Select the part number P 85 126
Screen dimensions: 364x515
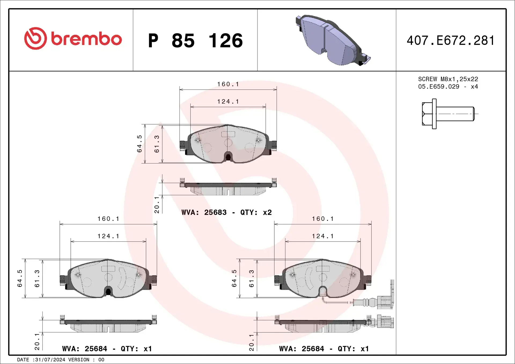[195, 40]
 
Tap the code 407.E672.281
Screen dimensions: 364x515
[451, 40]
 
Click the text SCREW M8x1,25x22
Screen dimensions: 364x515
[448, 79]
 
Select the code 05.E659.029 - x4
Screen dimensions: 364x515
[448, 87]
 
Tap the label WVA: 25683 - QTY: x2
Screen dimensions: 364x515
[227, 212]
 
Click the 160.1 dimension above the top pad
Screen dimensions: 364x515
[228, 84]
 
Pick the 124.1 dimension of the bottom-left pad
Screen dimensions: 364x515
[108, 236]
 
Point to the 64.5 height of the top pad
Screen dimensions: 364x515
[139, 144]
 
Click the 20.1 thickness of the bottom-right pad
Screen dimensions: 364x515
[251, 342]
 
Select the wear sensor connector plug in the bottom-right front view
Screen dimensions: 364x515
[385, 302]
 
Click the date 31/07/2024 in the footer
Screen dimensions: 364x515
[50, 360]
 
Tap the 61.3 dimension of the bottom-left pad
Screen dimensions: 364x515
[37, 278]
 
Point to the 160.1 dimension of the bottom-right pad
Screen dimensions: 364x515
[323, 219]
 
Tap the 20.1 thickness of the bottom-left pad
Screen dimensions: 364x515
[37, 342]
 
